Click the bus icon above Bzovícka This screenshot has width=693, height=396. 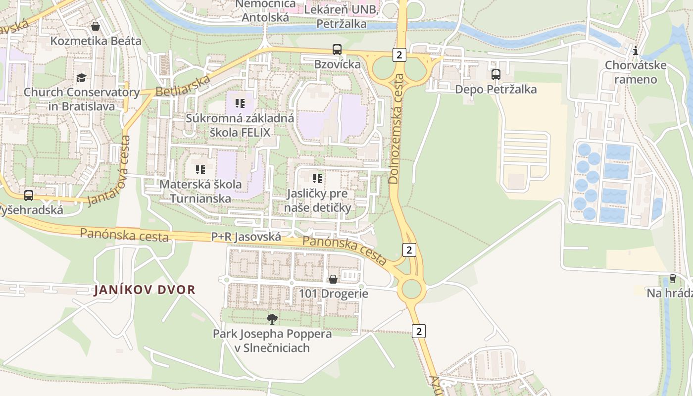(x=337, y=49)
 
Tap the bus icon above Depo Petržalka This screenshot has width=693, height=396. (x=495, y=75)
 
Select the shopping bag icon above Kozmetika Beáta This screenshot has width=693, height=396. (x=96, y=26)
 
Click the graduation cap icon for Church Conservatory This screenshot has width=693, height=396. (x=81, y=78)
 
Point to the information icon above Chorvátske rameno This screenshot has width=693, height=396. (x=636, y=50)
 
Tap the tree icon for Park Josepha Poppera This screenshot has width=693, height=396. (x=272, y=319)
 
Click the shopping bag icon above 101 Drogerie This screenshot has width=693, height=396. (x=334, y=279)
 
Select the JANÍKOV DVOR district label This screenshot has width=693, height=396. (x=145, y=290)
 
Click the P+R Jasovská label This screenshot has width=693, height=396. (x=246, y=237)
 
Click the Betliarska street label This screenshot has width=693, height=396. (x=183, y=86)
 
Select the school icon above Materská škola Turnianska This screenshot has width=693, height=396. (x=200, y=170)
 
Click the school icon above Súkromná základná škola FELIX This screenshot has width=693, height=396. (x=240, y=103)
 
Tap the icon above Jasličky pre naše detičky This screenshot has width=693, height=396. (x=317, y=178)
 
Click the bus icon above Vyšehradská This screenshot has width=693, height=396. (x=29, y=196)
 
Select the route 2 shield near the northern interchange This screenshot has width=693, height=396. (x=399, y=55)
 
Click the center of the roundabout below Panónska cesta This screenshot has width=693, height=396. (x=411, y=289)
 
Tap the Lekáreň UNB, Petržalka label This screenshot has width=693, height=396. (x=342, y=16)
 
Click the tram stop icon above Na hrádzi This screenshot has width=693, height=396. (x=672, y=279)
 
